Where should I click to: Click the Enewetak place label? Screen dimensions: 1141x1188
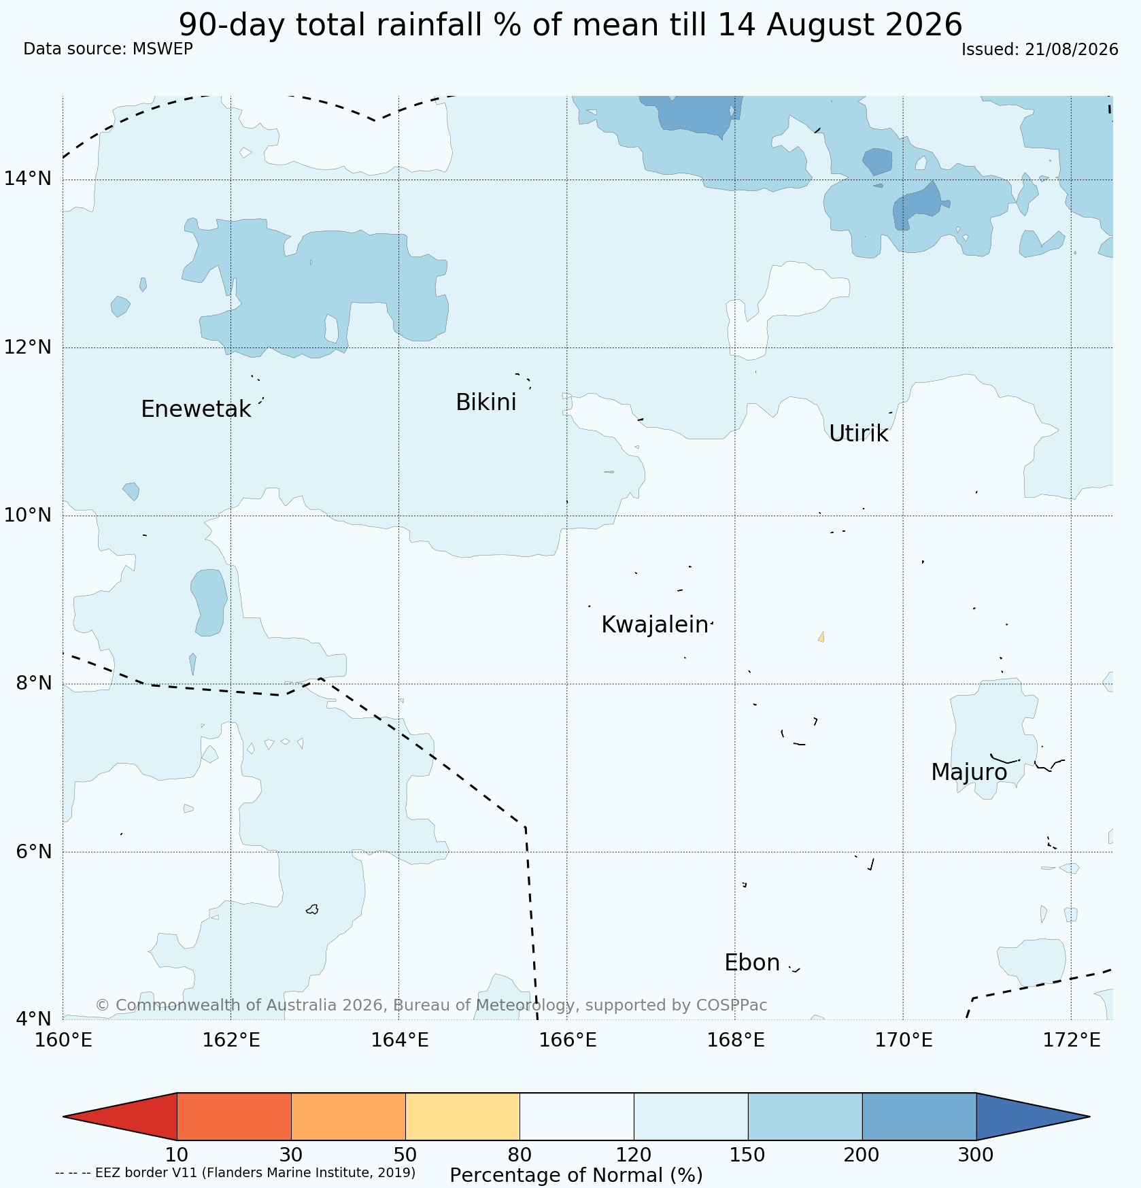[x=196, y=409]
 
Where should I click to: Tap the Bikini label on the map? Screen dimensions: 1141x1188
[x=486, y=403]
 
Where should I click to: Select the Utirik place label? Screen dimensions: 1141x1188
[x=858, y=434]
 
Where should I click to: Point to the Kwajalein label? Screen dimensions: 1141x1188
[x=655, y=625]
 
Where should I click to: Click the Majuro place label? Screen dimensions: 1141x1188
[x=969, y=773]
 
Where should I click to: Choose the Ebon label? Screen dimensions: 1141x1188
[x=752, y=963]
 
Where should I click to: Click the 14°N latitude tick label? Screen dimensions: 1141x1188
[x=28, y=179]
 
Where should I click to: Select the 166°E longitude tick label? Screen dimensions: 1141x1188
[x=567, y=1040]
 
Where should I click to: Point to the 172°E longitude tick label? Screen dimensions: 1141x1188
[x=1071, y=1040]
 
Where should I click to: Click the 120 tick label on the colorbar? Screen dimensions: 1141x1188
[x=634, y=1155]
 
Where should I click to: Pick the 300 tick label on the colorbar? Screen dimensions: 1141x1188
[x=976, y=1155]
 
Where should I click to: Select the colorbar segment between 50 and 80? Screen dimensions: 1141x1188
[x=462, y=1117]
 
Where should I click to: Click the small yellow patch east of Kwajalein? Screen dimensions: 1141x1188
[x=821, y=637]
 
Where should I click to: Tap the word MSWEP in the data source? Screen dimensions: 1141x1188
[x=163, y=49]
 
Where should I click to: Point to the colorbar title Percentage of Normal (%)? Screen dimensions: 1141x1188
[x=576, y=1175]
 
